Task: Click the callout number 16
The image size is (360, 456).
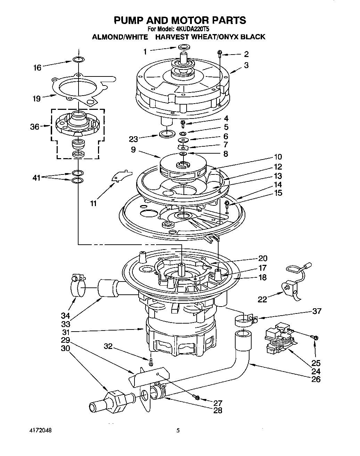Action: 37,67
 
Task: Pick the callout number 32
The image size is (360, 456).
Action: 108,346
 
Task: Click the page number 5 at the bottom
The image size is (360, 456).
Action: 178,430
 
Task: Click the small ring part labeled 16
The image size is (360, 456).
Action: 79,59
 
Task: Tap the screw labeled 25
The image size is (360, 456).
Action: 315,337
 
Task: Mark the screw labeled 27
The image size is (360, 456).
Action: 197,397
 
